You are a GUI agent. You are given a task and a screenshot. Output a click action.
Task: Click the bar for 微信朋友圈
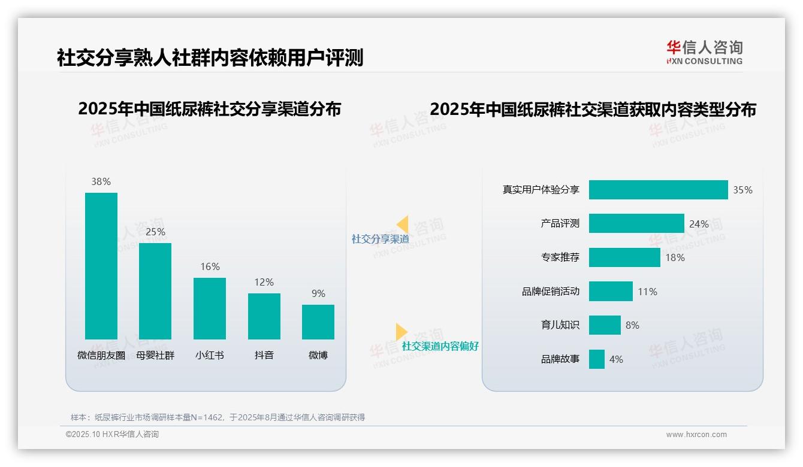[x=101, y=266]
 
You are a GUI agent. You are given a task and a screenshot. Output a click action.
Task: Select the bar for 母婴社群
[x=155, y=291]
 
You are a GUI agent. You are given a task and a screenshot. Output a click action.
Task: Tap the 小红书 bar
[x=210, y=308]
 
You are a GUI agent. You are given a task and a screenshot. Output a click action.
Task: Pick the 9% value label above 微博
[x=318, y=293]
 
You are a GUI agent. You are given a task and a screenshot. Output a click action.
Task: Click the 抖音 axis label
[x=264, y=355]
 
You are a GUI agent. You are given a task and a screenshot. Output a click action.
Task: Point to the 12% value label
[x=264, y=282]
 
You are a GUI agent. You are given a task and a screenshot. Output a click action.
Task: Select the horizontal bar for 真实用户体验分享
[x=658, y=190]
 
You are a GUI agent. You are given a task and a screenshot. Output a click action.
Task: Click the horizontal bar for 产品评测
[x=636, y=223]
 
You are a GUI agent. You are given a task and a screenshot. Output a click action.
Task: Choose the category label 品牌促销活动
[x=550, y=292]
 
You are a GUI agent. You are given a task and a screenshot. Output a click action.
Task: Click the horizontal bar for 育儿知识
[x=605, y=325]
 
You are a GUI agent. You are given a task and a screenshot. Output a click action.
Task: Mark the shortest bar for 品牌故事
[x=597, y=359]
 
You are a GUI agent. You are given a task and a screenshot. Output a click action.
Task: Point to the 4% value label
[x=616, y=359]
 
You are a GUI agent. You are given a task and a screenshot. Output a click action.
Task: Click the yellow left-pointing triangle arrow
[x=403, y=225]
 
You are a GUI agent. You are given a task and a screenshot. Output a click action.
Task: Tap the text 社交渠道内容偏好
[x=440, y=346]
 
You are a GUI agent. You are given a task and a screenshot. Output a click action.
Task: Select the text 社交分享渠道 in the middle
[x=380, y=239]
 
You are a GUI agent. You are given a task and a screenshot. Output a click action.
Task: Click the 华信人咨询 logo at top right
[x=704, y=52]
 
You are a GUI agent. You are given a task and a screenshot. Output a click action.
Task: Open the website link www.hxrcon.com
[x=696, y=435]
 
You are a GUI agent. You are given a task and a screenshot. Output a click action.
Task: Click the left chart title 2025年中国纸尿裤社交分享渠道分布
[x=209, y=109]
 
